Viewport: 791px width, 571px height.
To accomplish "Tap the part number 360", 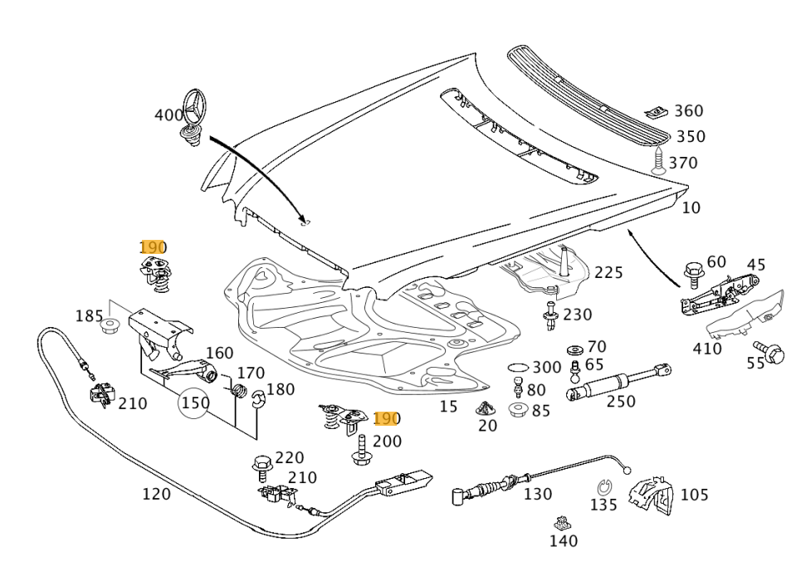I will [x=688, y=111].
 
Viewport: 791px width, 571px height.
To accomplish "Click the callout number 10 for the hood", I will [x=691, y=207].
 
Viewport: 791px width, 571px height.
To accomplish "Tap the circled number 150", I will [x=195, y=403].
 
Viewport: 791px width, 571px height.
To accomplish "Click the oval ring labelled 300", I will [x=516, y=367].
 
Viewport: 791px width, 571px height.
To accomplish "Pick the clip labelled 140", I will [x=563, y=523].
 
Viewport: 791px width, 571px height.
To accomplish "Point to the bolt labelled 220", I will [x=261, y=465].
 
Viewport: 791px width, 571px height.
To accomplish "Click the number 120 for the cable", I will [x=156, y=495].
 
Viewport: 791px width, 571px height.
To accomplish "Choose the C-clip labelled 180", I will [x=258, y=399].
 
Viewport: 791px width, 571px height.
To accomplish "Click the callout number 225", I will [x=608, y=273].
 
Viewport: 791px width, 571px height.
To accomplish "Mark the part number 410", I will [x=707, y=349].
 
